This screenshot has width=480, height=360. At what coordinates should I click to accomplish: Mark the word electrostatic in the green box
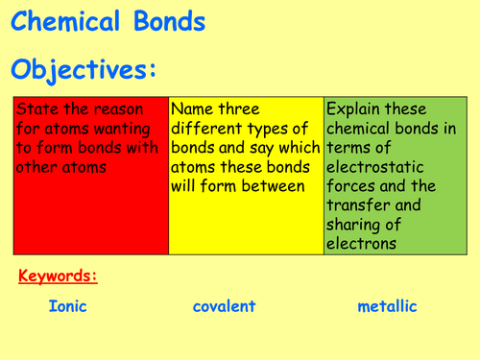[x=376, y=167]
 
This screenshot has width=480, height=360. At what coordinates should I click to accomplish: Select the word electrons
[x=363, y=244]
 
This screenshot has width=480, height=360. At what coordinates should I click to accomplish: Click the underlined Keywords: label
[x=58, y=277]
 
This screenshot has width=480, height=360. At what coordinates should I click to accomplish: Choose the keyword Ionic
[x=66, y=307]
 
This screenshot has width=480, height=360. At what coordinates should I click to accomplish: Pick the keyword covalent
[x=224, y=307]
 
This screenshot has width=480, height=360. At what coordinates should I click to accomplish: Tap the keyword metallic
[x=387, y=307]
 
